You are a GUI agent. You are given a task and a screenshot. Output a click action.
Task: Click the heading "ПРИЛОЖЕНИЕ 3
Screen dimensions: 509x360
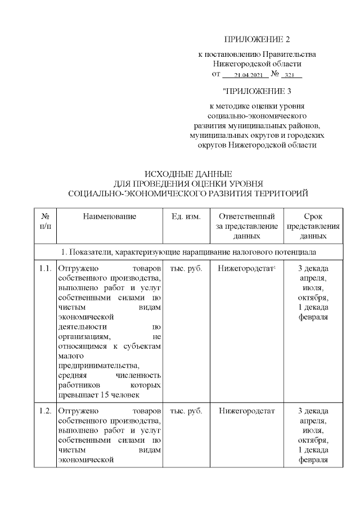pos(256,90)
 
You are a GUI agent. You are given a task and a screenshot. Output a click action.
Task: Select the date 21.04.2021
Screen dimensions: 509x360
pos(244,75)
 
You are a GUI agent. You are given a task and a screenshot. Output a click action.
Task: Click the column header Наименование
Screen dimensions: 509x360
pos(110,217)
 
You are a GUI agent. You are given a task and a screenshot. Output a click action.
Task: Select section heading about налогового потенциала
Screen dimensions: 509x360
pos(188,251)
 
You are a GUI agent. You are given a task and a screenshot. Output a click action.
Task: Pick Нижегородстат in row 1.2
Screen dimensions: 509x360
pos(246,411)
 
